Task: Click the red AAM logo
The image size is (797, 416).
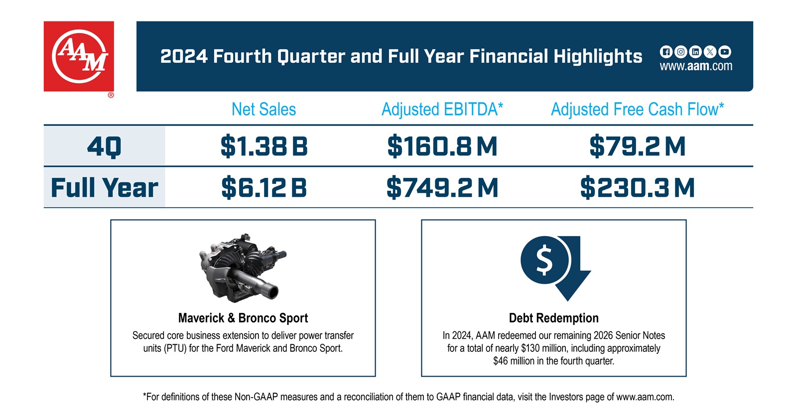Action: pyautogui.click(x=79, y=56)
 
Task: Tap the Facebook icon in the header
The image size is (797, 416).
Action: pyautogui.click(x=665, y=52)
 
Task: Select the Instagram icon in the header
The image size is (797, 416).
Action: pyautogui.click(x=680, y=52)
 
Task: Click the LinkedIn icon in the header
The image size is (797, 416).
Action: pyautogui.click(x=695, y=52)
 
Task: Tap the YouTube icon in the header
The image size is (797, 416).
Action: pyautogui.click(x=725, y=52)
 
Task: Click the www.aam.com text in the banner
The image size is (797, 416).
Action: pyautogui.click(x=696, y=66)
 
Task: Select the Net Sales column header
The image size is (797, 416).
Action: pyautogui.click(x=264, y=109)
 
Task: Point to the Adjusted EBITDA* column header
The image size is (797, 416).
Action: pyautogui.click(x=442, y=109)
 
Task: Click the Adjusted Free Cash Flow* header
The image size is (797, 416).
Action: pyautogui.click(x=637, y=109)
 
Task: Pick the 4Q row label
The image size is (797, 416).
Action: pyautogui.click(x=104, y=146)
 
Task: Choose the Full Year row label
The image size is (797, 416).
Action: pyautogui.click(x=104, y=188)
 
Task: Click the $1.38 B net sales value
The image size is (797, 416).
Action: pyautogui.click(x=264, y=146)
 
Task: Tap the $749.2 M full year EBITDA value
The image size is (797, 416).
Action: pyautogui.click(x=442, y=188)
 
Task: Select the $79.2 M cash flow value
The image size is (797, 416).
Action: pyautogui.click(x=637, y=146)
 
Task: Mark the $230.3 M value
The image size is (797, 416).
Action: pyautogui.click(x=637, y=188)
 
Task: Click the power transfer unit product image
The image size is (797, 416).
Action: pyautogui.click(x=242, y=267)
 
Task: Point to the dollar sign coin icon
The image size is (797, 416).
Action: pyautogui.click(x=544, y=260)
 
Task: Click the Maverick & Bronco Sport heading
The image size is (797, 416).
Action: pyautogui.click(x=243, y=318)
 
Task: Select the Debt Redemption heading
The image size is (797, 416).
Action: pyautogui.click(x=553, y=318)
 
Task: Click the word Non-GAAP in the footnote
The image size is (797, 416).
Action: pyautogui.click(x=256, y=397)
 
